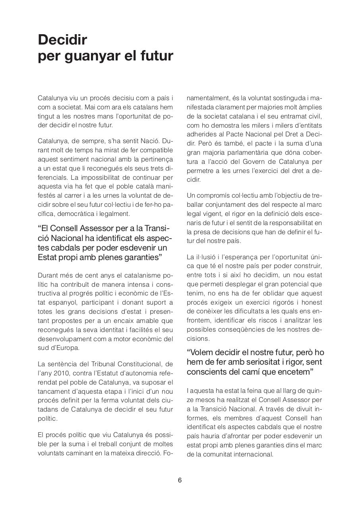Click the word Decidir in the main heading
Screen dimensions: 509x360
(x=62, y=40)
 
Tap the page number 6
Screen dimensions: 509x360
(x=180, y=480)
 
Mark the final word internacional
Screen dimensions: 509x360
(x=253, y=454)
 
